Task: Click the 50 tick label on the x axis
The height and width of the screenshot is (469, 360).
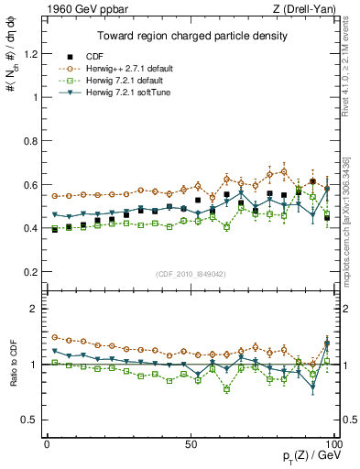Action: pos(191,442)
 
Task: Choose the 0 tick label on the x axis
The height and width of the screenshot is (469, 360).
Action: pos(47,442)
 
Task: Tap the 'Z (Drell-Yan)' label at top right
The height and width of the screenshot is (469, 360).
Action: pos(308,8)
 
